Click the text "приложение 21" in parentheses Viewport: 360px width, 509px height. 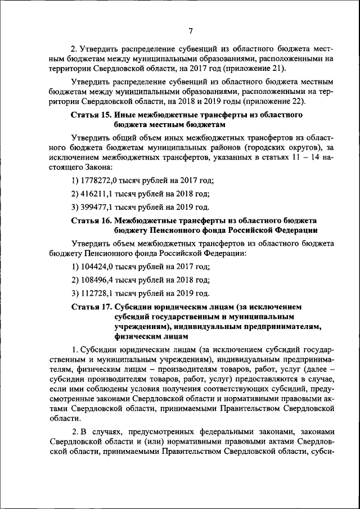(x=255, y=69)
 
